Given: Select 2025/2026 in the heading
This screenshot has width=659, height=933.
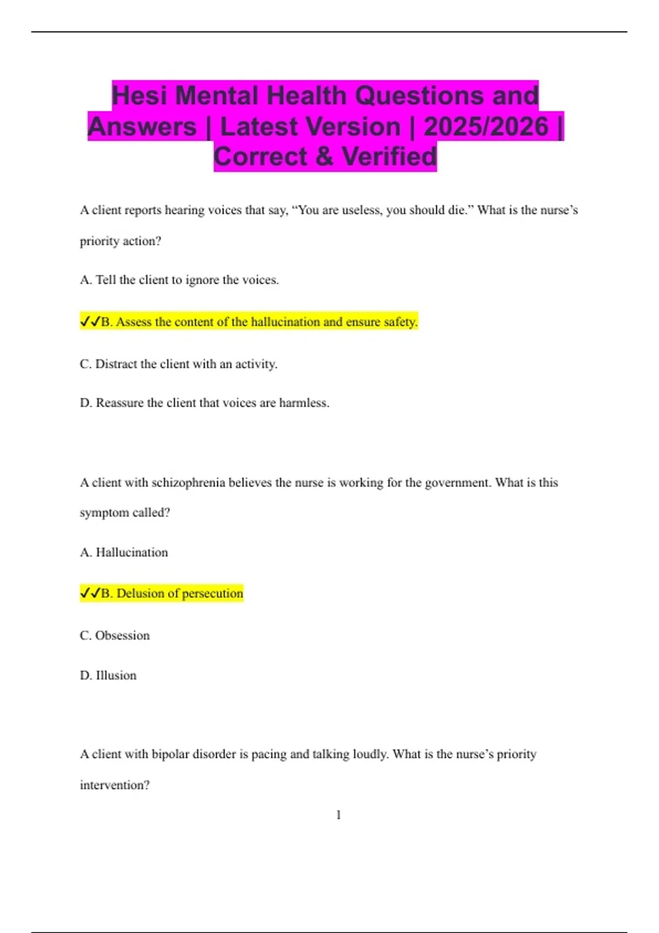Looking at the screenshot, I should [486, 126].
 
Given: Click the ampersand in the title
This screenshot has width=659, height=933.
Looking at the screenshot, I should [325, 156].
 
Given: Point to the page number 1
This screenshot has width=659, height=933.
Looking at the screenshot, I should [338, 815].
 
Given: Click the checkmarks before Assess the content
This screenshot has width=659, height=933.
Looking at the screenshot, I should [90, 322].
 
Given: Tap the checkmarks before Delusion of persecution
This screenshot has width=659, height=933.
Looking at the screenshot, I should [90, 593].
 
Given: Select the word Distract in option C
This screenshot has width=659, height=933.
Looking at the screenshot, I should [116, 364].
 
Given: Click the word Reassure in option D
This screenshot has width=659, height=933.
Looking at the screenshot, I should [120, 403].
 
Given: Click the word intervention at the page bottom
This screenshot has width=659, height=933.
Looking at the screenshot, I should [114, 785].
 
